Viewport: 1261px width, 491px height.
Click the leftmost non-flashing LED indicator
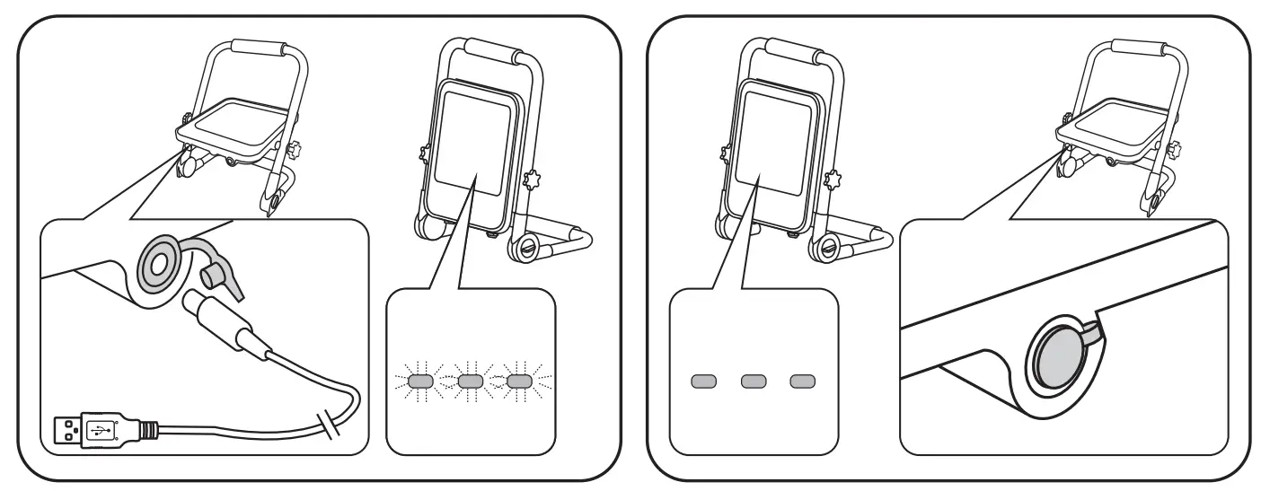click(x=702, y=382)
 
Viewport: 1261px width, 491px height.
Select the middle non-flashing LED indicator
click(x=753, y=382)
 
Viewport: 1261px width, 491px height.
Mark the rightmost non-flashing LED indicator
click(x=802, y=382)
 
